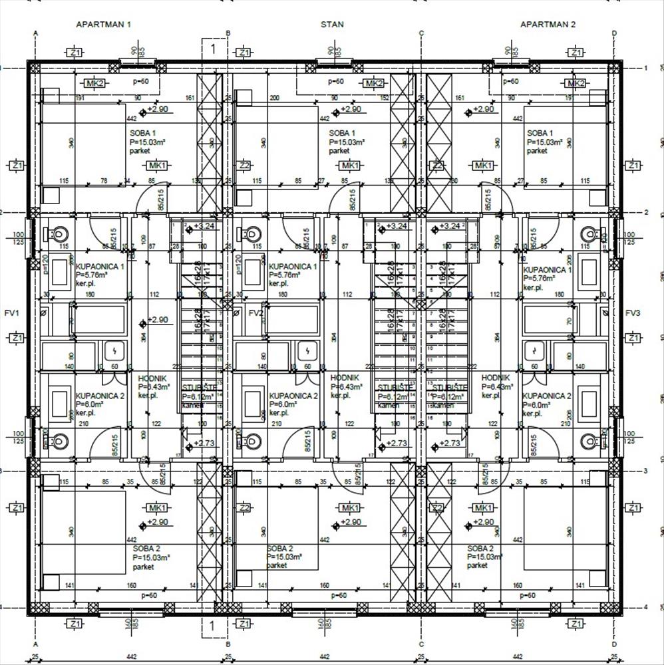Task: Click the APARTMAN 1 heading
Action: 104,25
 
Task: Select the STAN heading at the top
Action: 332,25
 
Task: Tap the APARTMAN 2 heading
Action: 548,25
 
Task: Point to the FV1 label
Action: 11,313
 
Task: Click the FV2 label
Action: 255,313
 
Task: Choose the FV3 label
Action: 633,313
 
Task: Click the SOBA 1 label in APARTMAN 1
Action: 143,133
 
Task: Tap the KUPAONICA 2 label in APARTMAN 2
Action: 547,396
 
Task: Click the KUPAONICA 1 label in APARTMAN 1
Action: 100,266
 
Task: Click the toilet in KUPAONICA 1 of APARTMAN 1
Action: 58,234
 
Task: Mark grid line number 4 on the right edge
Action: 646,607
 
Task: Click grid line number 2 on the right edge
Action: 646,212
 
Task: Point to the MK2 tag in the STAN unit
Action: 374,83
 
